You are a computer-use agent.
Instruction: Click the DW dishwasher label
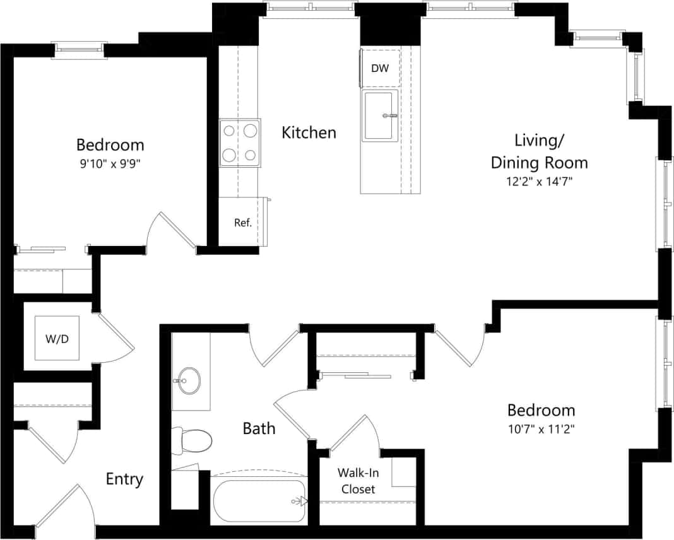pyautogui.click(x=380, y=68)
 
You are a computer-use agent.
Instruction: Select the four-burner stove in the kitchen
pyautogui.click(x=240, y=143)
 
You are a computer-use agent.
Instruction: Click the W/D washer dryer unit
pyautogui.click(x=57, y=338)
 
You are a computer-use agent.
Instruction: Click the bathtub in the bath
pyautogui.click(x=259, y=502)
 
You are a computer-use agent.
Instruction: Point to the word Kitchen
pyautogui.click(x=309, y=132)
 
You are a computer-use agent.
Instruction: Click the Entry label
pyautogui.click(x=124, y=479)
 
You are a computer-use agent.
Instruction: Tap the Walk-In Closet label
pyautogui.click(x=358, y=481)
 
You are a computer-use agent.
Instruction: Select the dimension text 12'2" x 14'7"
pyautogui.click(x=540, y=182)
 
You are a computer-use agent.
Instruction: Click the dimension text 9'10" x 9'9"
pyautogui.click(x=110, y=163)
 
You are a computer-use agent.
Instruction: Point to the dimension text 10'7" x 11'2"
pyautogui.click(x=541, y=428)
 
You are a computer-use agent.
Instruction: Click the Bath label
pyautogui.click(x=259, y=428)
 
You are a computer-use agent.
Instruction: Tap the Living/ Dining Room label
pyautogui.click(x=540, y=151)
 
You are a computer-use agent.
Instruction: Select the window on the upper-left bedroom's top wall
pyautogui.click(x=80, y=48)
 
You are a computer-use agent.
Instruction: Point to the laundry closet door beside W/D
pyautogui.click(x=115, y=337)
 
